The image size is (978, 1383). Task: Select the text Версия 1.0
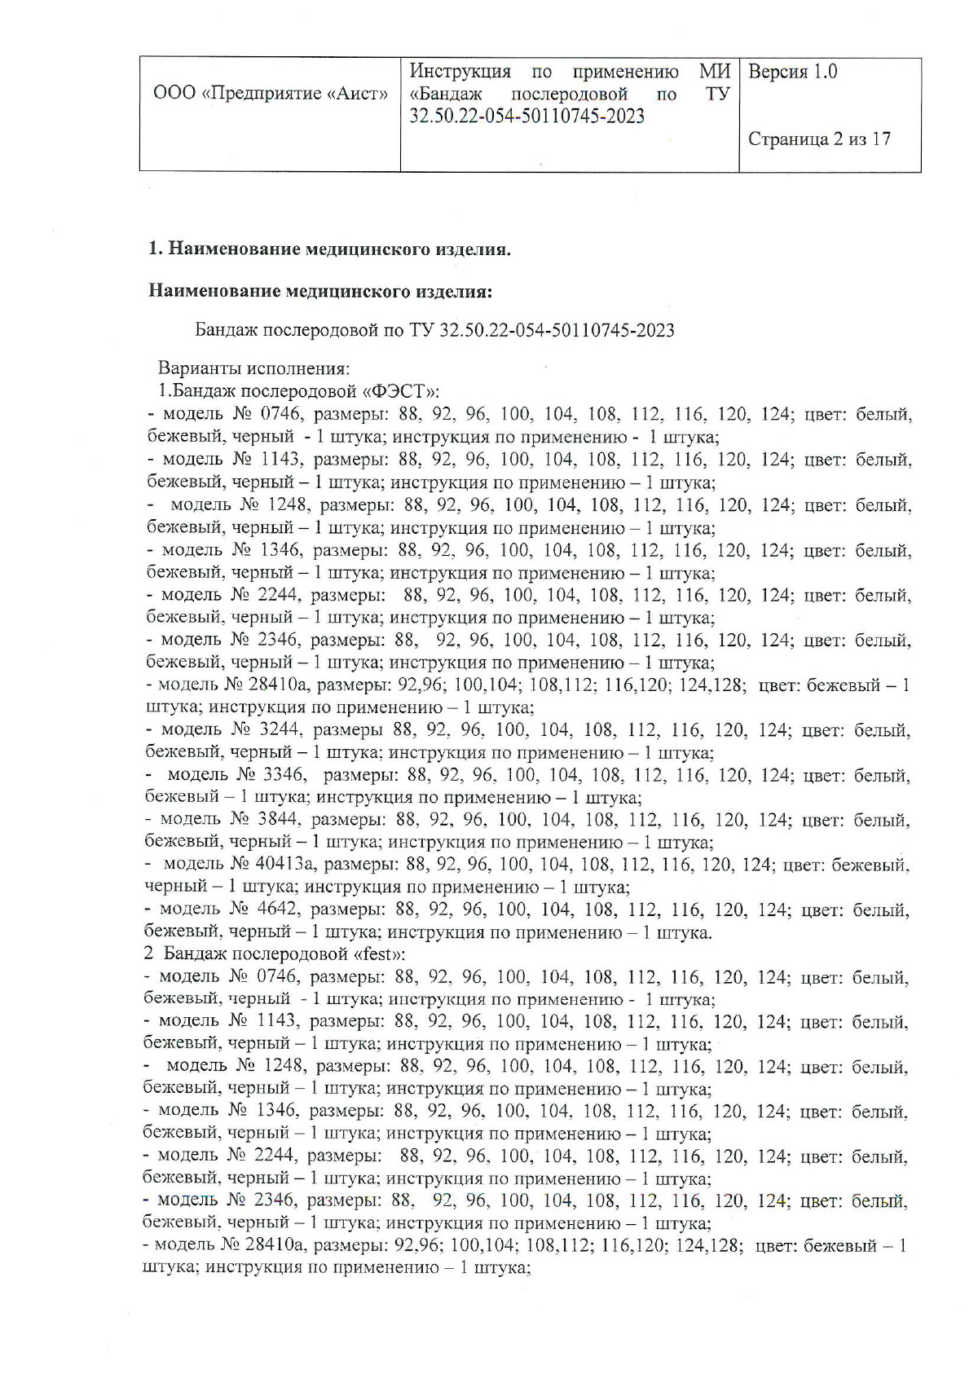792,72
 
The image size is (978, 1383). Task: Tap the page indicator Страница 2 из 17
819,139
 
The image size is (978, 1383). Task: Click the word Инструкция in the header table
460,72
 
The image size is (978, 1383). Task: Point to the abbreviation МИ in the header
715,72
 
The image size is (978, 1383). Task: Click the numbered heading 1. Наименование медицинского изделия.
330,249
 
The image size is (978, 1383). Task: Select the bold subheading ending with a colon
320,291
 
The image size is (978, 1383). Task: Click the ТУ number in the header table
526,117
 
